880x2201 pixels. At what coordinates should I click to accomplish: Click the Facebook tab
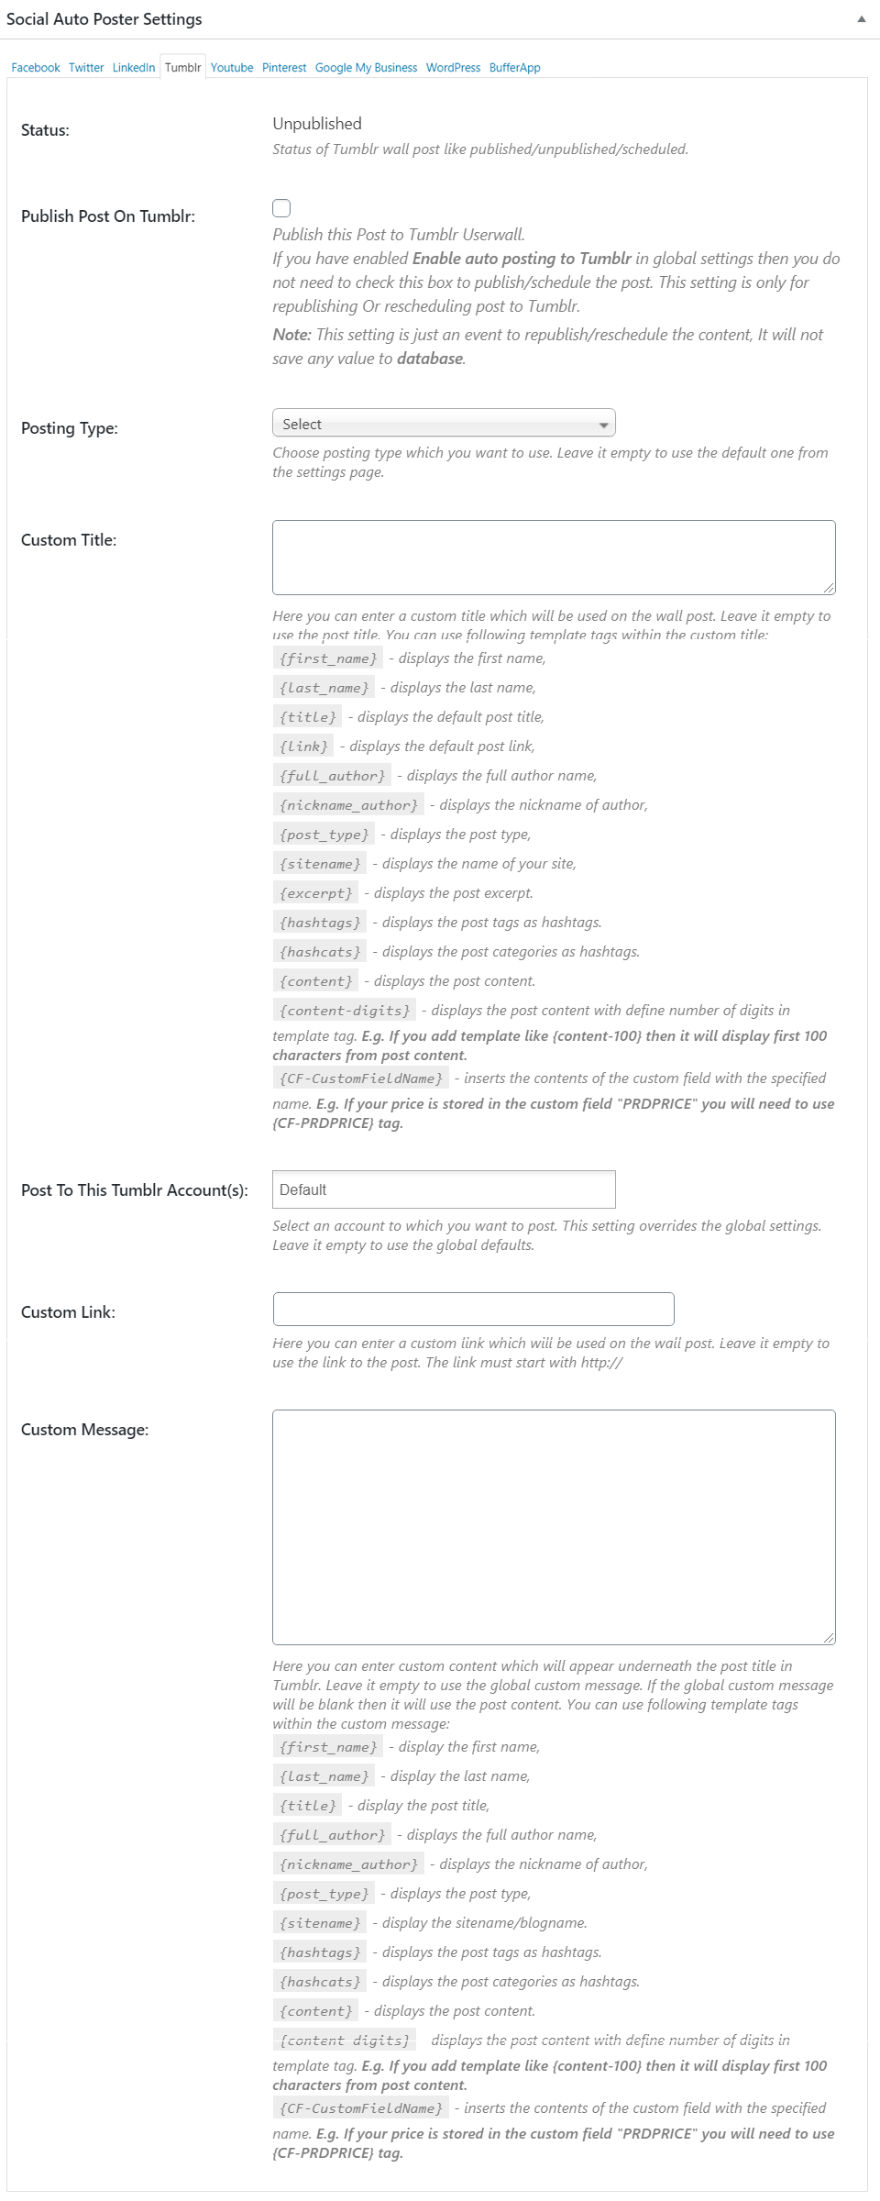coord(36,68)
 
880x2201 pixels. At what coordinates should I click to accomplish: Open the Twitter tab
coord(86,68)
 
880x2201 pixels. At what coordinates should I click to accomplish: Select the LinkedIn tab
coord(134,68)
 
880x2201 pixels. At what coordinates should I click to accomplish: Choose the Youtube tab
coord(232,68)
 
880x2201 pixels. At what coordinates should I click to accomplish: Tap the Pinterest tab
coord(284,68)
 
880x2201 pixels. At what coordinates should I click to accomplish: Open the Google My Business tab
coord(366,68)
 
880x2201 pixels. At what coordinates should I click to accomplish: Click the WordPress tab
coord(453,68)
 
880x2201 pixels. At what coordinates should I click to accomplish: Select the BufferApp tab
coord(514,68)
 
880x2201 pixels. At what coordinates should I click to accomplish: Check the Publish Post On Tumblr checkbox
coord(281,208)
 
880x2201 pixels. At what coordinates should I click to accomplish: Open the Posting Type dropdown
coord(444,424)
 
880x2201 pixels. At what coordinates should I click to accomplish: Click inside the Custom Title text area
coord(554,557)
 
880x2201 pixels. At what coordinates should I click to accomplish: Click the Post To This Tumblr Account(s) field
coord(444,1189)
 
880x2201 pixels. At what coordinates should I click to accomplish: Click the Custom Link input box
coord(473,1309)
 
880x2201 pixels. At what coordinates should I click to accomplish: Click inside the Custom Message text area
coord(554,1526)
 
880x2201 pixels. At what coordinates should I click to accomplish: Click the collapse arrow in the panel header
coord(861,19)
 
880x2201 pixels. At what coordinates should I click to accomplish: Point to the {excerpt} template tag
coord(315,893)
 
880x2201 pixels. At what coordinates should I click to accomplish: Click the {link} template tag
coord(303,747)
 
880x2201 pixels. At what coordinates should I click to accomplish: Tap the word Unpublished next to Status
coord(317,124)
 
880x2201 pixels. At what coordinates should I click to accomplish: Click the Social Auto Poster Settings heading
coord(104,19)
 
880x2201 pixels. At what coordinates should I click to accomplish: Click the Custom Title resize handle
coord(829,588)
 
